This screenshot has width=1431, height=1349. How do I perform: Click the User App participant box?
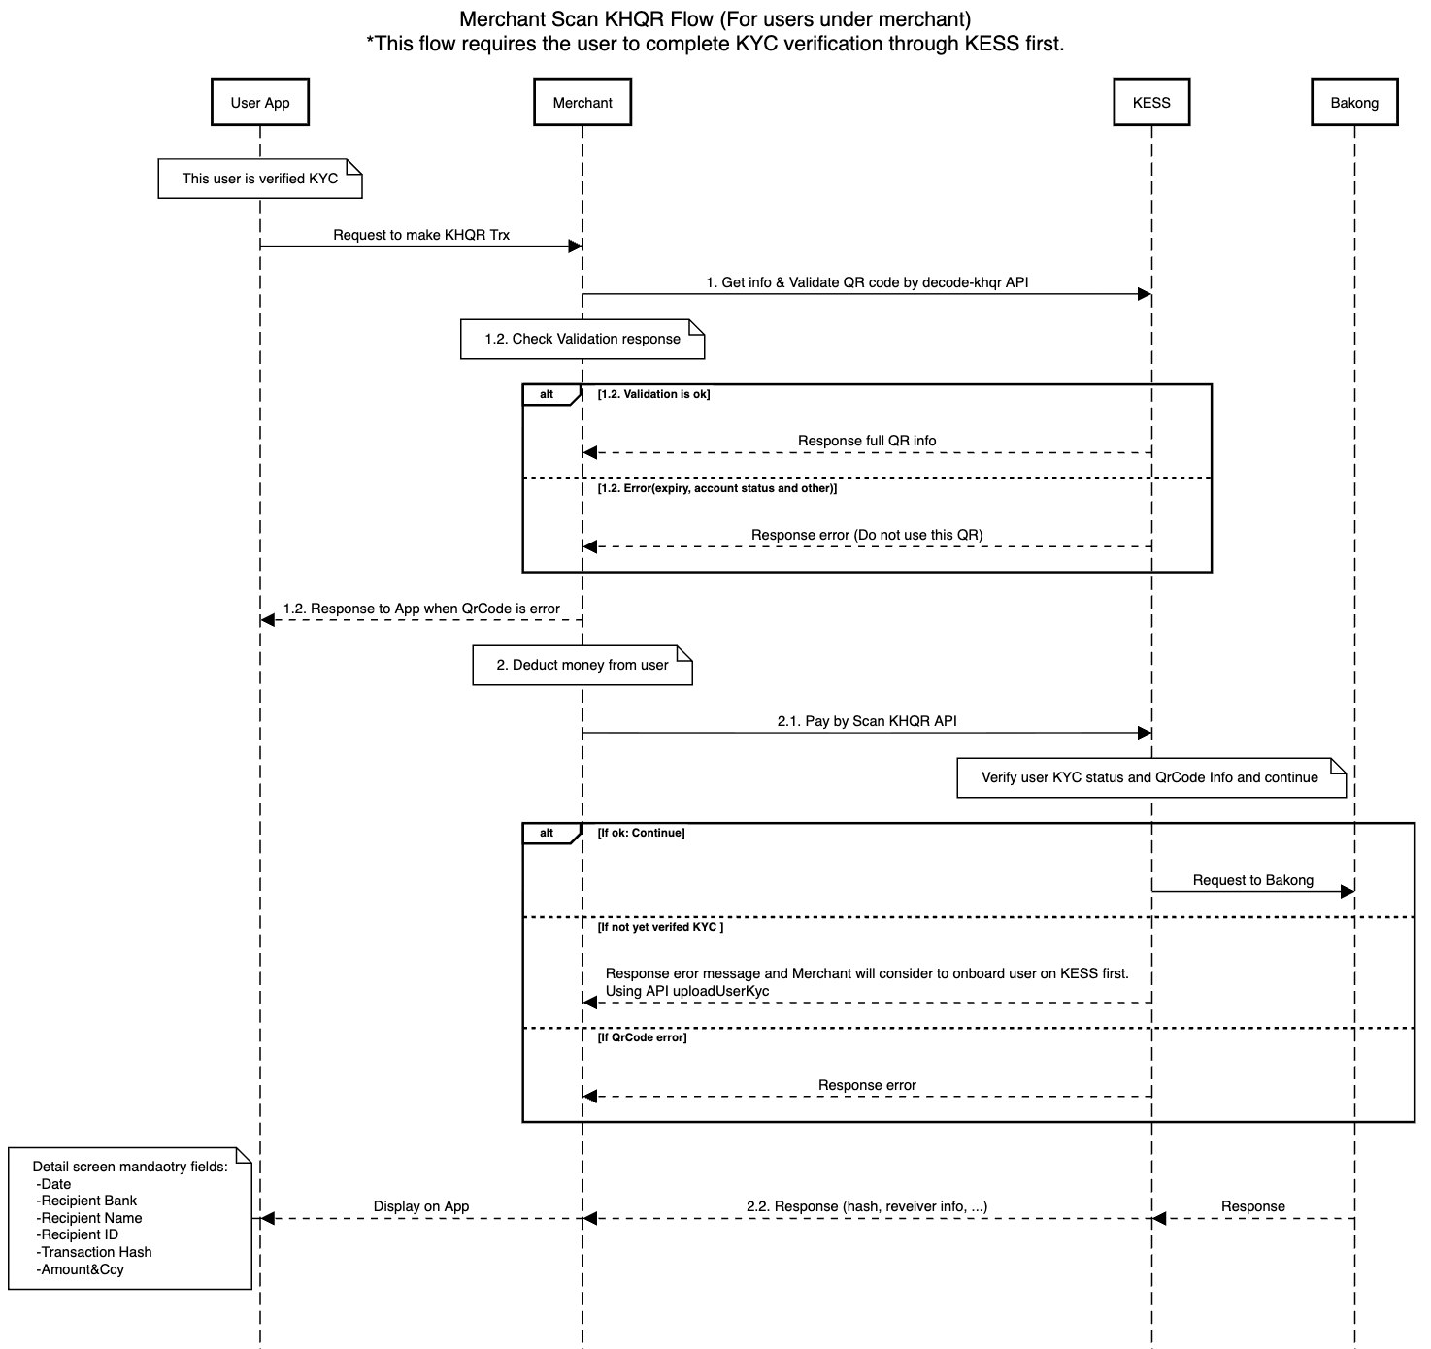pos(260,103)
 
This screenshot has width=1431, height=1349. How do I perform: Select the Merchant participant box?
pos(582,103)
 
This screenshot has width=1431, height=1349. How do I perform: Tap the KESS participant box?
pos(1151,103)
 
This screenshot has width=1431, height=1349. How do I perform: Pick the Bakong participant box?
pos(1354,103)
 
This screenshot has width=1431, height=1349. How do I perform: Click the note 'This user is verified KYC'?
pos(260,179)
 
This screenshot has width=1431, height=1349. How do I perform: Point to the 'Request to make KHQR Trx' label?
pos(421,235)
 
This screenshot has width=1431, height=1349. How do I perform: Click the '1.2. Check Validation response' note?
pos(582,339)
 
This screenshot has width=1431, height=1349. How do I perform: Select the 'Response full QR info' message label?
pos(867,441)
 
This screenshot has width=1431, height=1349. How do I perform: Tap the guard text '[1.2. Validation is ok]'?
pos(654,394)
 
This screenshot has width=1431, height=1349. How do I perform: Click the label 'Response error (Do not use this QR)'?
pos(867,535)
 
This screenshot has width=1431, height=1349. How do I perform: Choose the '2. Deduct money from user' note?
pos(582,665)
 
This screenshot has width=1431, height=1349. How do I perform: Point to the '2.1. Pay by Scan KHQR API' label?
pos(867,721)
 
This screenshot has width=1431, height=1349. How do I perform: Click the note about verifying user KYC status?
pos(1149,777)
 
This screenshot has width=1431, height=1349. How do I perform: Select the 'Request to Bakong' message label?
pos(1252,880)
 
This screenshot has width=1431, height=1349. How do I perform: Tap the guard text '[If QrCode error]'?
pos(643,1037)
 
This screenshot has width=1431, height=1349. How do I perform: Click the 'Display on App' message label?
pos(421,1206)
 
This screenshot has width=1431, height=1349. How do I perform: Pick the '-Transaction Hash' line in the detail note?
pos(94,1252)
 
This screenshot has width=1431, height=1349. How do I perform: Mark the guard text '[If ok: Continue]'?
pos(642,833)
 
